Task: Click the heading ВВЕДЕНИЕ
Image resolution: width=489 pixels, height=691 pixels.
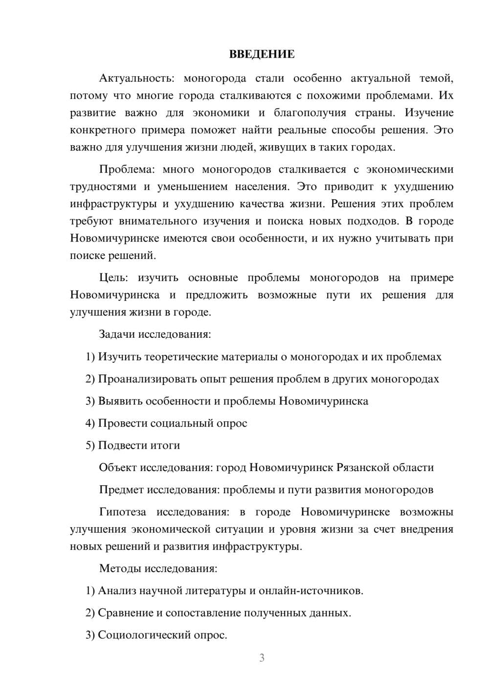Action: tap(262, 54)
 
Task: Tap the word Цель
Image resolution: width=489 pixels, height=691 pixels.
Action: tap(113, 278)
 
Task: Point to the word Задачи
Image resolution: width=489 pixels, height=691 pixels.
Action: tap(117, 335)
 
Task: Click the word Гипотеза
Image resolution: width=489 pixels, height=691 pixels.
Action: tap(122, 512)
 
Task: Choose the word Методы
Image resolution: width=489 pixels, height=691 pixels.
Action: tap(119, 568)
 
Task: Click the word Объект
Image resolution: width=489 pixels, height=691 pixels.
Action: tap(118, 468)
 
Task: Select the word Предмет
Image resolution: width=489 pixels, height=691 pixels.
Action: tap(121, 490)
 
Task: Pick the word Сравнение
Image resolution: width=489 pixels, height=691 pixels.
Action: tap(126, 613)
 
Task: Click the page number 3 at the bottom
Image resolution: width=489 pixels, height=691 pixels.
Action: tap(262, 658)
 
